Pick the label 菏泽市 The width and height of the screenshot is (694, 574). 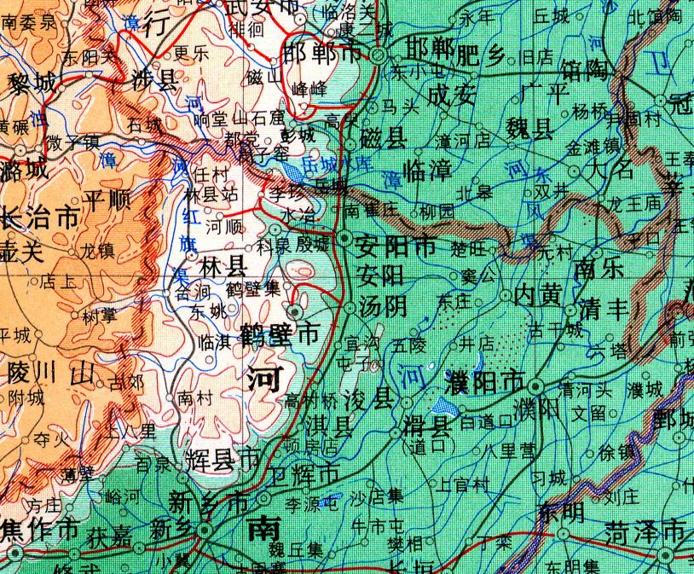[x=645, y=532]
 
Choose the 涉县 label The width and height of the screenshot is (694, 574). [x=156, y=81]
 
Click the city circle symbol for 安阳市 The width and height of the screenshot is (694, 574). [x=344, y=238]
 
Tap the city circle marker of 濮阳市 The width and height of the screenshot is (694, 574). [x=535, y=384]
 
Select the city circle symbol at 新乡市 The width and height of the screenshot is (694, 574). [x=205, y=531]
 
